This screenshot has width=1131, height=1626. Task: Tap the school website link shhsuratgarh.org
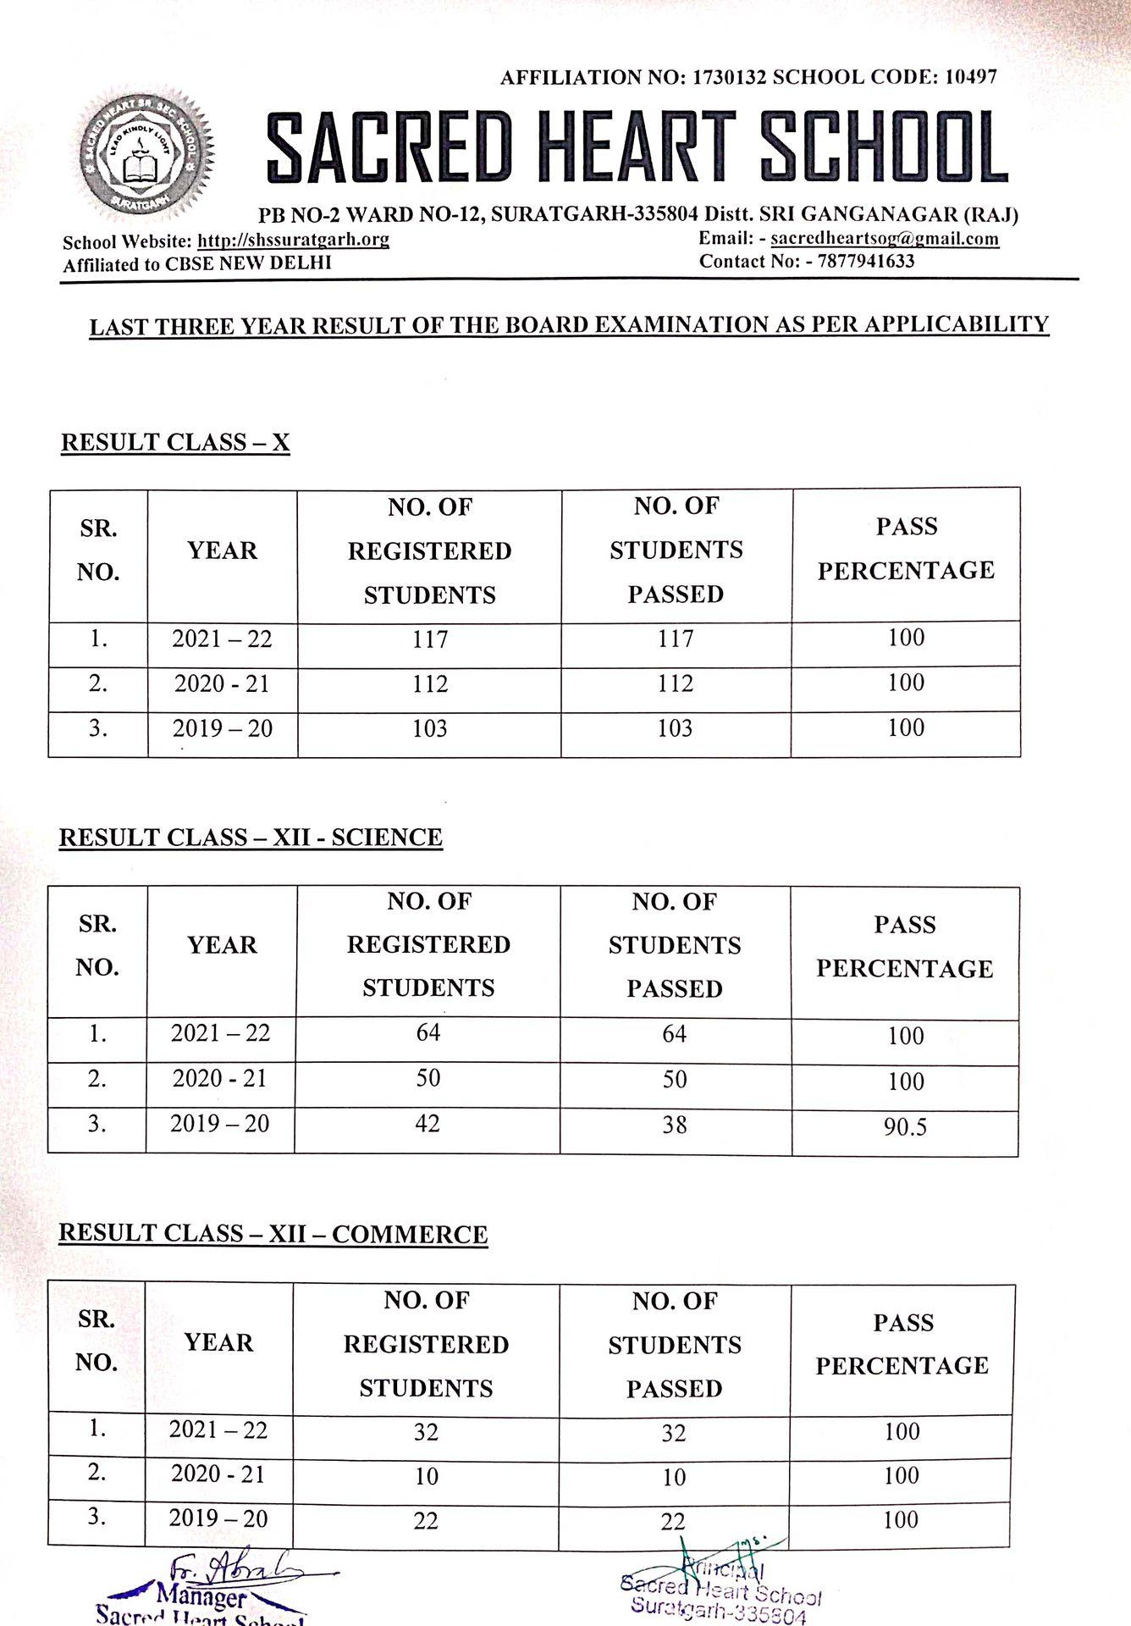point(293,240)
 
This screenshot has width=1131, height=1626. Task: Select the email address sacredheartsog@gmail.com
point(885,239)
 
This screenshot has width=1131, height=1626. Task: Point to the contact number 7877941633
point(866,261)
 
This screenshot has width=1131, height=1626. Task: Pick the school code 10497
point(970,77)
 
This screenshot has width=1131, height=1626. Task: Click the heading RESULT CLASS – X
point(175,443)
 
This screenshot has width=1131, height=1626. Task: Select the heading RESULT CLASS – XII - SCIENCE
point(251,838)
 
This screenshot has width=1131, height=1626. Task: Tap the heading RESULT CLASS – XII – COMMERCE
point(273,1234)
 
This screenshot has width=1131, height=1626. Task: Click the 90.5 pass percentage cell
point(905,1127)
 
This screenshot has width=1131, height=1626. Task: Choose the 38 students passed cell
point(675,1125)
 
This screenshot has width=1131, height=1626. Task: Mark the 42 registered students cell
point(428,1124)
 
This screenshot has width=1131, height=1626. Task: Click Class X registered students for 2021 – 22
point(430,639)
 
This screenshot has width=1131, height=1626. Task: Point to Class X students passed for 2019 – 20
point(675,728)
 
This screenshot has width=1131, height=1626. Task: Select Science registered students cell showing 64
point(428,1033)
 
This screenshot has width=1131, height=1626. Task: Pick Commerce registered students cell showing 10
point(427,1477)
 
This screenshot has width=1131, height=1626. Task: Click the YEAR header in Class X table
point(222,551)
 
